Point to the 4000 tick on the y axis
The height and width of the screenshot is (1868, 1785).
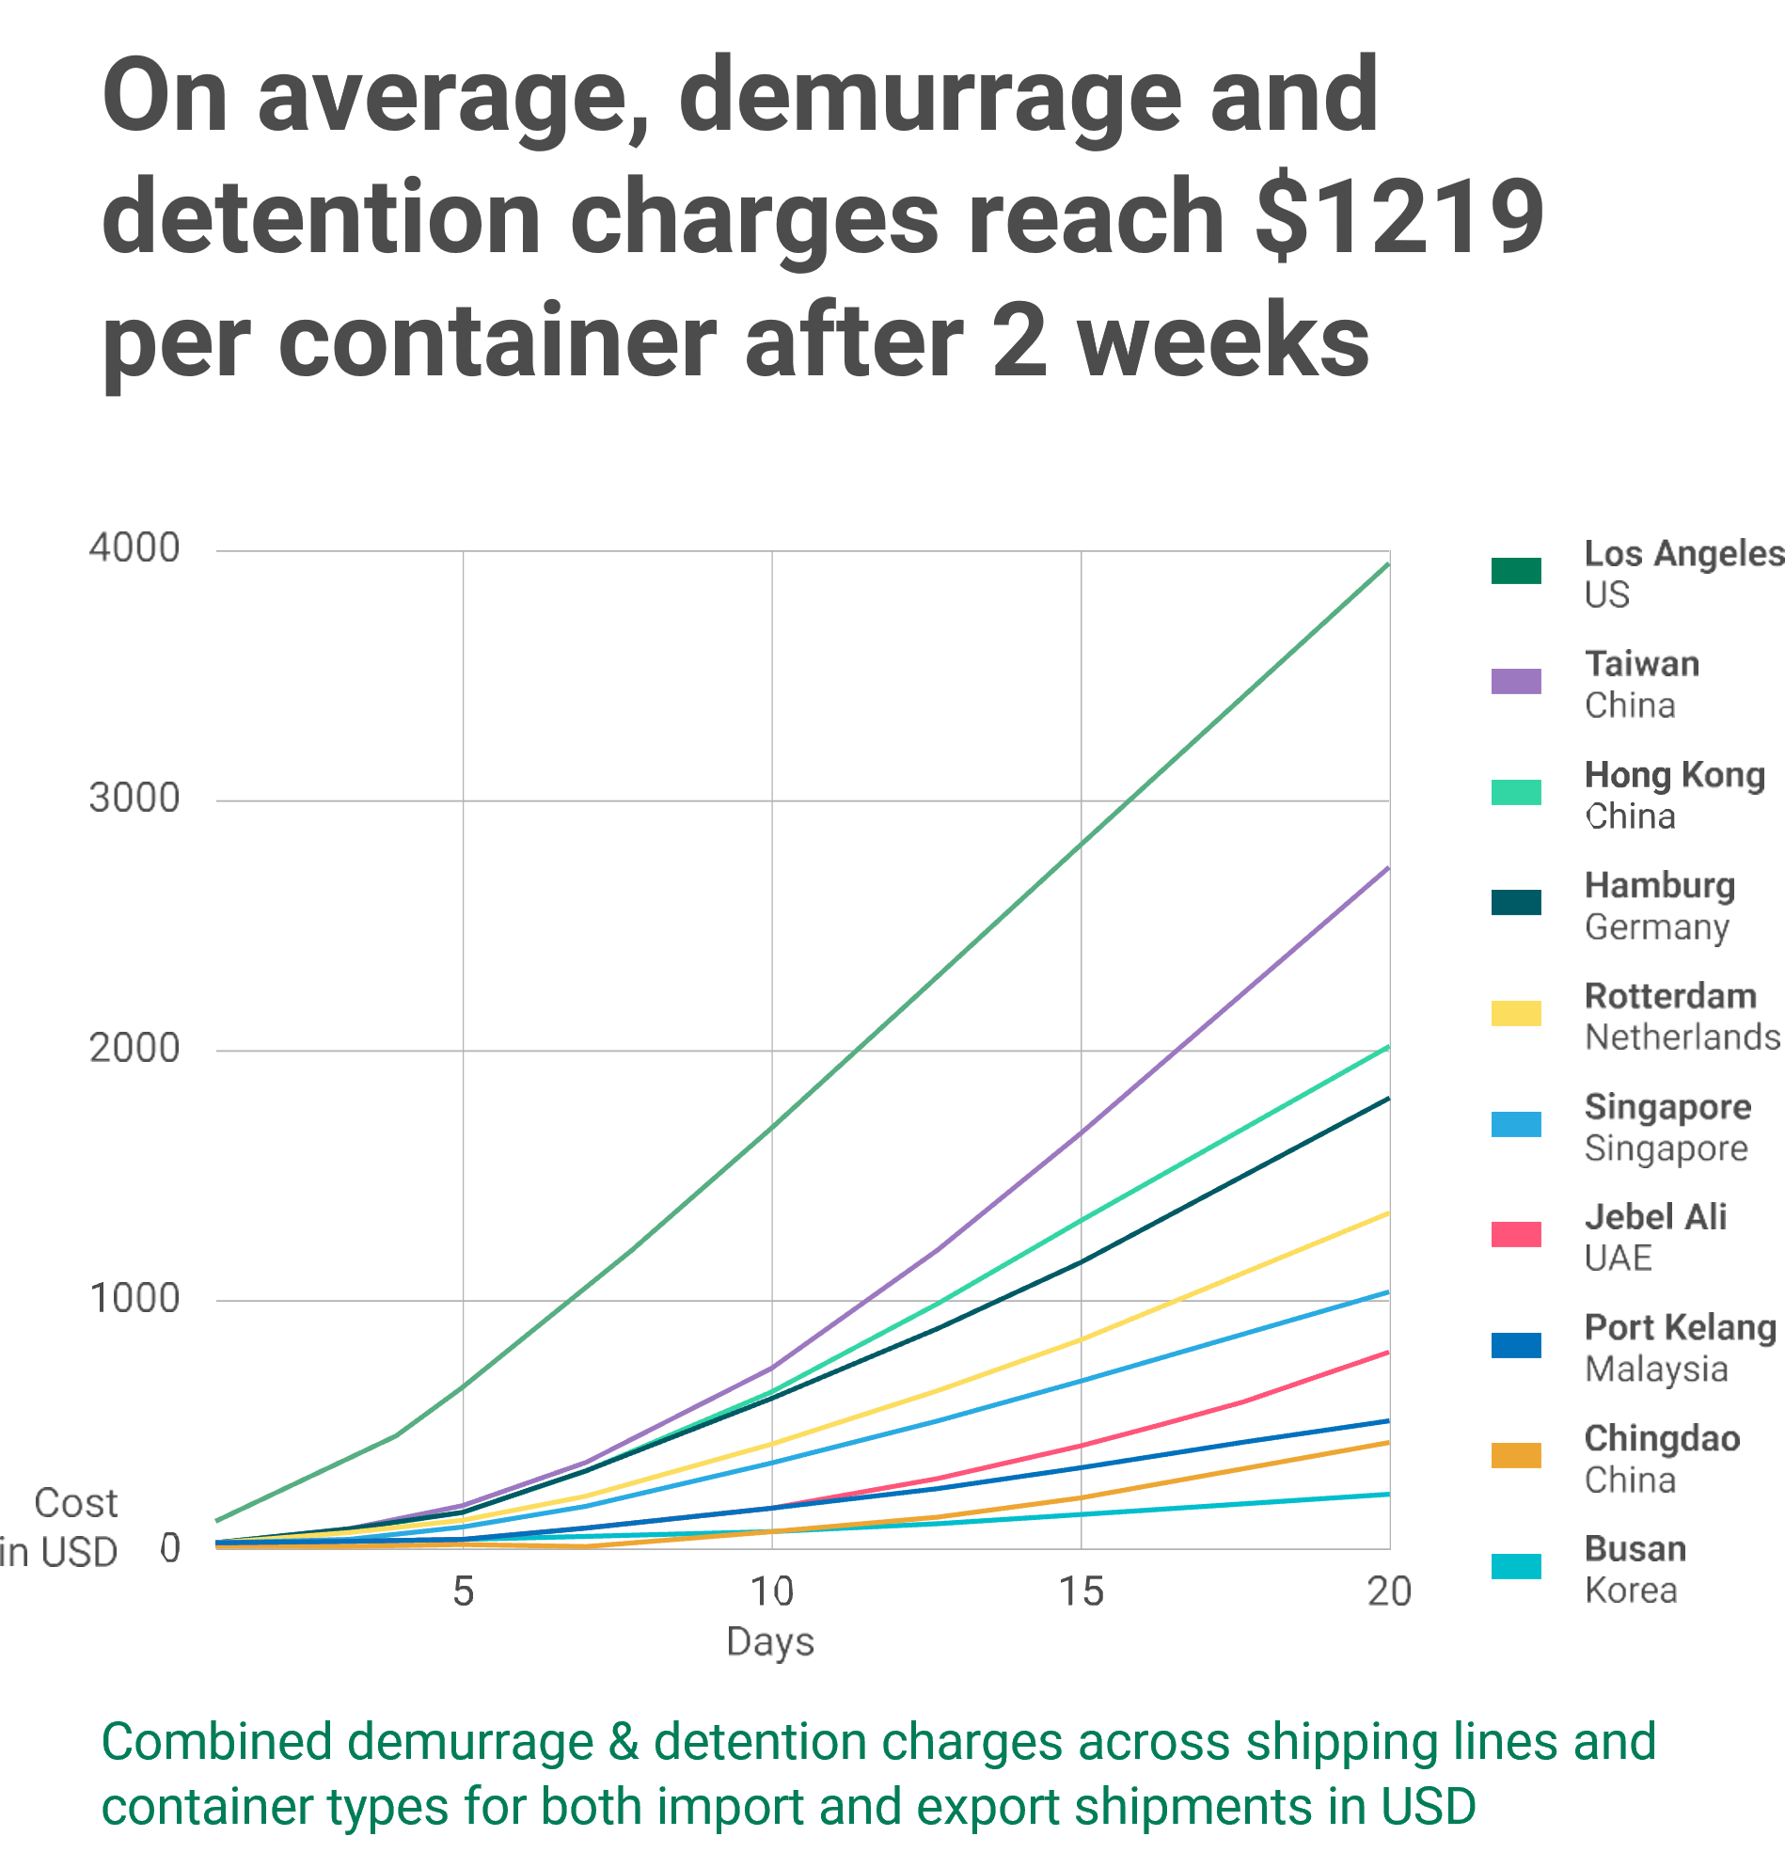coord(134,548)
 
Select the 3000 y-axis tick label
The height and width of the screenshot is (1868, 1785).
coord(134,799)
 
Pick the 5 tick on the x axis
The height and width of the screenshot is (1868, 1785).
coord(464,1591)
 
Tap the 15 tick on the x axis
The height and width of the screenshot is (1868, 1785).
coord(1081,1591)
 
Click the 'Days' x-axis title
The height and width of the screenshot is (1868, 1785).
coord(770,1641)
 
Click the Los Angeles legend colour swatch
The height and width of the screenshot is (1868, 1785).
coord(1517,571)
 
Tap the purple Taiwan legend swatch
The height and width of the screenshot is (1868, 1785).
coord(1517,681)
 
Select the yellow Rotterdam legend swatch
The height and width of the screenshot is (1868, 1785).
coord(1517,1013)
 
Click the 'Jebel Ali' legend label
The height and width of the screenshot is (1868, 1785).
coord(1655,1217)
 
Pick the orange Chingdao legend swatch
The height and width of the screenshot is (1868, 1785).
coord(1517,1456)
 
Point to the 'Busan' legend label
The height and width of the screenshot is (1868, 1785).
coord(1635,1549)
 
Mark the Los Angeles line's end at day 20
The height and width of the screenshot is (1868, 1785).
coord(1388,564)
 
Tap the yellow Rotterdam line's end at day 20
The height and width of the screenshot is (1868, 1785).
coord(1388,1213)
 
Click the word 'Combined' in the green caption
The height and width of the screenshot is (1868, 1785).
coord(217,1742)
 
